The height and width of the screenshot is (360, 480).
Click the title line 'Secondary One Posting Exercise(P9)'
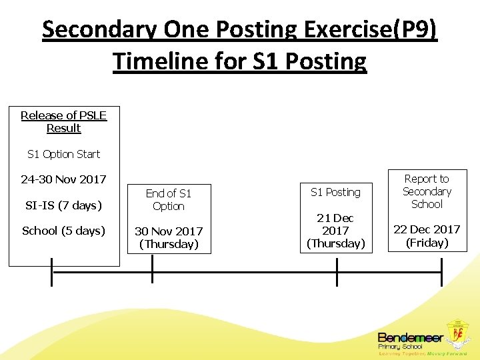[x=240, y=29]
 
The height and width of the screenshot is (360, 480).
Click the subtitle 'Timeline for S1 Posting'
[x=240, y=61]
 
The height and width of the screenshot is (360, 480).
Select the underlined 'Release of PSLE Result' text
[x=64, y=121]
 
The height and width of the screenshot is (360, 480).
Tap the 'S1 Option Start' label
[x=64, y=154]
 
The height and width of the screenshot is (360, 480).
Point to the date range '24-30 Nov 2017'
[x=64, y=179]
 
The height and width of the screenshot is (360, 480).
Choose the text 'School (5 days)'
[x=64, y=231]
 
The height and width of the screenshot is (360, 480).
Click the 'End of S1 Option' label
[x=169, y=199]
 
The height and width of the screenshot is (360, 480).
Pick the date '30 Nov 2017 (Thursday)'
[x=169, y=237]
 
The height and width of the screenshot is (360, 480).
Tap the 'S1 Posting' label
[x=335, y=192]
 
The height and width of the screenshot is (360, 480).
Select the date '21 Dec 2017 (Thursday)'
[x=335, y=231]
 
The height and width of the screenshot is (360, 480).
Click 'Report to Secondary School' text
[x=427, y=191]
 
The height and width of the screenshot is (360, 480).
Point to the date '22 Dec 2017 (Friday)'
[x=427, y=235]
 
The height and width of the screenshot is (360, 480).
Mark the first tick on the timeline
[x=52, y=272]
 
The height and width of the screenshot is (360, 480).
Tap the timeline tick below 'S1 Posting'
[x=337, y=272]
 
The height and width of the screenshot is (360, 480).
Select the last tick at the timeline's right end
[x=441, y=272]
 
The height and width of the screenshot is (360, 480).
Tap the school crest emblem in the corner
[x=459, y=335]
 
